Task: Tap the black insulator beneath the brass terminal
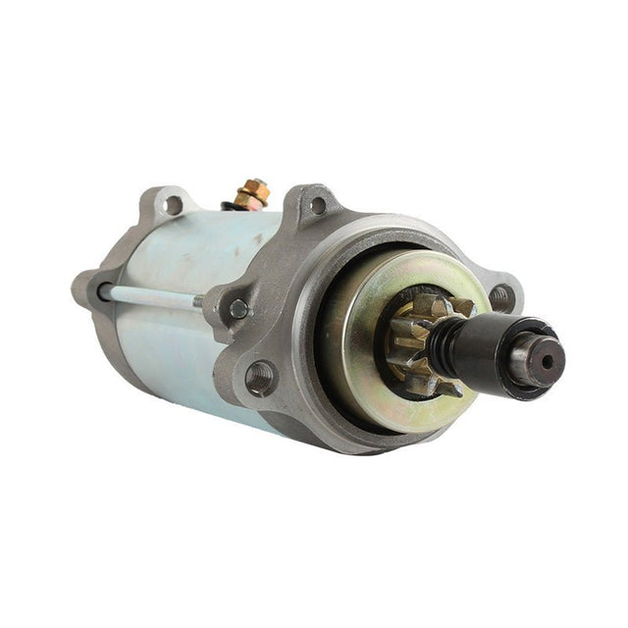pyautogui.click(x=235, y=205)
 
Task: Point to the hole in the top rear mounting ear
pyautogui.click(x=174, y=205)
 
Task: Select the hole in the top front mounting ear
pyautogui.click(x=318, y=206)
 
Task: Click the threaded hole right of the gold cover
pyautogui.click(x=500, y=295)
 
